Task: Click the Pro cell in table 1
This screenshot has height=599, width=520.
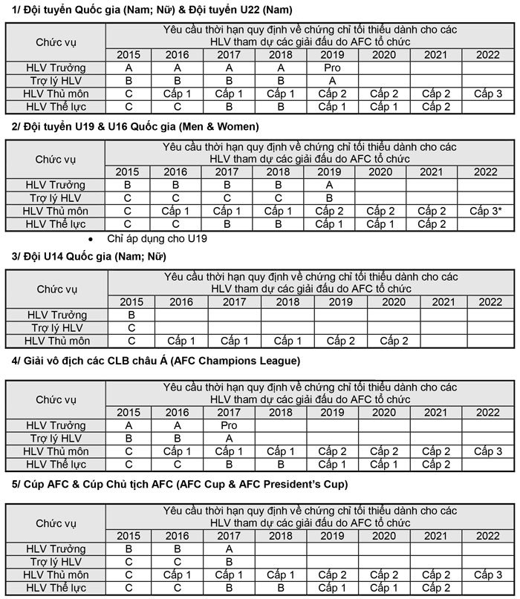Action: coord(332,68)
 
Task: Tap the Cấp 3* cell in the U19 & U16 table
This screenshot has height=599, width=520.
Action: coord(485,211)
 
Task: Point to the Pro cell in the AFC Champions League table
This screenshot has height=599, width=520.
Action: coord(229,425)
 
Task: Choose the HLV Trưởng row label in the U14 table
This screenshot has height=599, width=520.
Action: coord(56,315)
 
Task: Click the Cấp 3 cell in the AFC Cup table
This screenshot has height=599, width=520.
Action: coord(487,575)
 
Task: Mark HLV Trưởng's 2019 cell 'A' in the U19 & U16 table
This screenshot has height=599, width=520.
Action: coord(328,185)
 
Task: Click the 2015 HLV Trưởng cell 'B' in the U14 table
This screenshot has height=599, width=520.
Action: coord(131,315)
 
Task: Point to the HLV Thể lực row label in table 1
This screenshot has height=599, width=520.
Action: coord(56,106)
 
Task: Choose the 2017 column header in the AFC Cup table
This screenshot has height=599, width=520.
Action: coord(229,536)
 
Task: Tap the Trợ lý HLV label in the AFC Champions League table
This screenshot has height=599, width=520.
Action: coord(56,438)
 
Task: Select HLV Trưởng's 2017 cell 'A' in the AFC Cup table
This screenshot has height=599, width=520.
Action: coord(229,549)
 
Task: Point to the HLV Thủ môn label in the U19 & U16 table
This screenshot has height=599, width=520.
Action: coord(56,211)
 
